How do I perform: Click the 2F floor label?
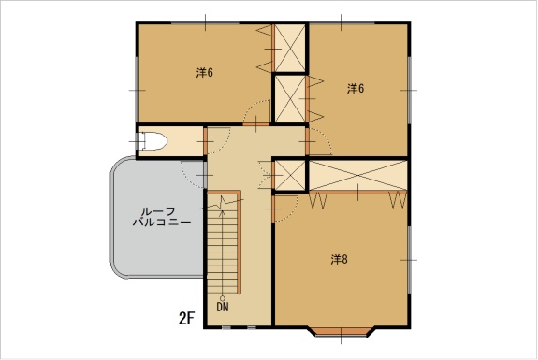click(186, 319)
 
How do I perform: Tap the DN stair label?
click(223, 307)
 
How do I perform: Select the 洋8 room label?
click(340, 260)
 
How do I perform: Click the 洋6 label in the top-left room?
click(205, 73)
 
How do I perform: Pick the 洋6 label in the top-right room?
click(356, 89)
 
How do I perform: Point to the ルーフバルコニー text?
click(162, 217)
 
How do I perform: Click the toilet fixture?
click(153, 141)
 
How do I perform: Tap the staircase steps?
click(223, 244)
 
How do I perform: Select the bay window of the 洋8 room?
click(341, 332)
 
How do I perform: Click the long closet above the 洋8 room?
click(357, 175)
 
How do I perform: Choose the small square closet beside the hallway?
click(290, 175)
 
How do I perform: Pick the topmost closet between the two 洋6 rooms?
click(290, 48)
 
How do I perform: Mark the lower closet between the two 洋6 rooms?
click(290, 99)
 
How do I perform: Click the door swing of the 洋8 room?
click(285, 209)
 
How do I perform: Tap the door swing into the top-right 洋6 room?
click(320, 141)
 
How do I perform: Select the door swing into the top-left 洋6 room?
click(256, 112)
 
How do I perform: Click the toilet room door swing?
click(217, 141)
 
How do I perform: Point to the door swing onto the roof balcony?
click(193, 175)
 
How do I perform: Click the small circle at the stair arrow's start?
click(223, 298)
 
